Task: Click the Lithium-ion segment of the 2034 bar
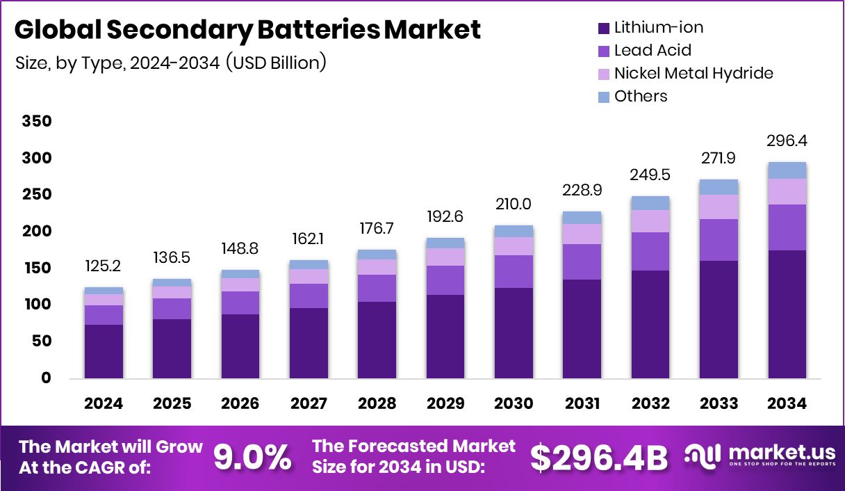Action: click(x=787, y=314)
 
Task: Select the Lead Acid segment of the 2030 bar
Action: click(x=514, y=271)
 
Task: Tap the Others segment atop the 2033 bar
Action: click(x=719, y=186)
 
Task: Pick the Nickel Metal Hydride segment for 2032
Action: click(x=650, y=220)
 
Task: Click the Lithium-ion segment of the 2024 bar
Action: click(x=104, y=351)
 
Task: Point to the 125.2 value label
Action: click(x=104, y=267)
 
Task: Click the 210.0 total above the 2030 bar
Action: click(x=514, y=204)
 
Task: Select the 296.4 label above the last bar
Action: click(x=787, y=141)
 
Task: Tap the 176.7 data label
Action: click(x=377, y=229)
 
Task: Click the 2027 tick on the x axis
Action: click(x=309, y=403)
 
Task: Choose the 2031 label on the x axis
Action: click(x=582, y=403)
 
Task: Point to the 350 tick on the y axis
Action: click(x=37, y=122)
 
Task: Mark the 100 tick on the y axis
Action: click(x=37, y=305)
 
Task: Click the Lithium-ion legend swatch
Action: click(x=603, y=29)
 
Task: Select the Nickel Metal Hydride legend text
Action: click(x=694, y=73)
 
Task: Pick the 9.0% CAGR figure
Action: click(x=252, y=457)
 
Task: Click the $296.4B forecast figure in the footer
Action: click(x=598, y=457)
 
